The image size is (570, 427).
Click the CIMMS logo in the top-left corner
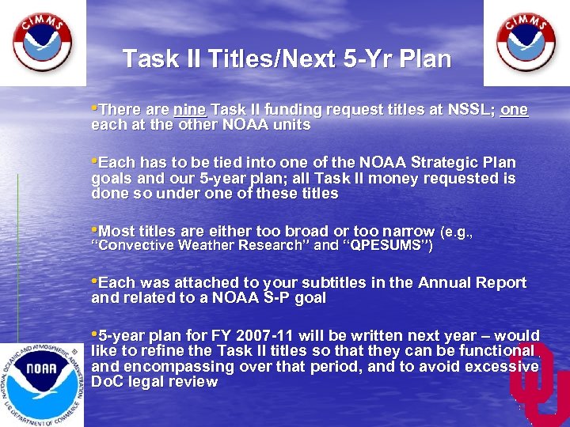[x=42, y=42]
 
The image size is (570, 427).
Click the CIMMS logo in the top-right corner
[x=526, y=42]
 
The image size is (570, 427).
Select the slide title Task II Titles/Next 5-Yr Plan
[x=287, y=59]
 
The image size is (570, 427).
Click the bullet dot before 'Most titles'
[x=95, y=231]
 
